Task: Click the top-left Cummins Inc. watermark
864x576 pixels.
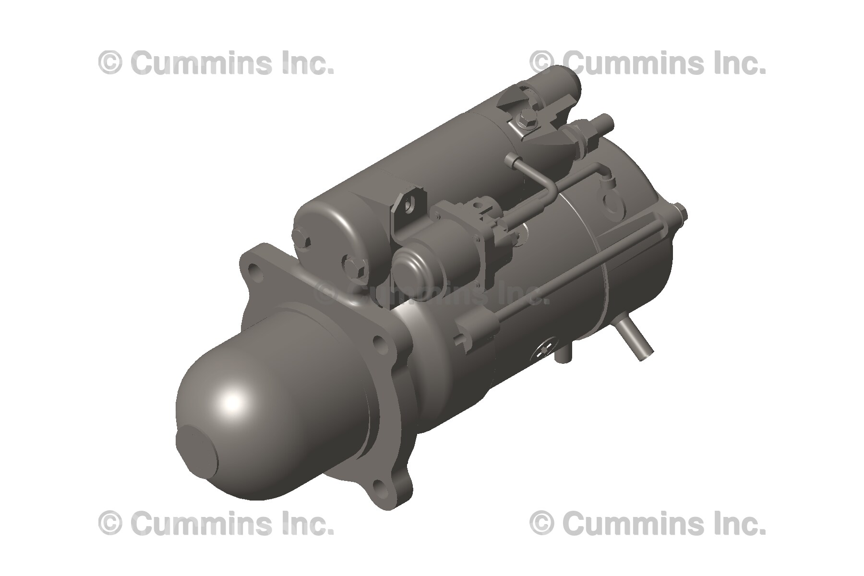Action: [216, 63]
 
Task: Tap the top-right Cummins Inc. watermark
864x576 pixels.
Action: [648, 63]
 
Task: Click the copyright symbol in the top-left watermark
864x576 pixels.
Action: [110, 63]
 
